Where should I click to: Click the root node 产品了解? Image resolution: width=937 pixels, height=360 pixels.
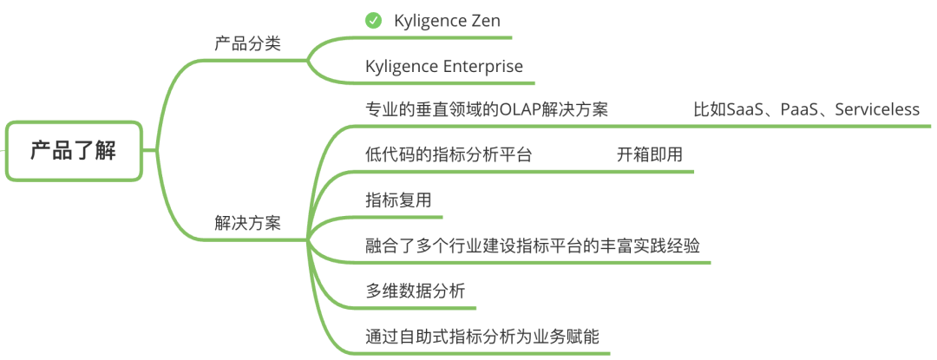point(73,150)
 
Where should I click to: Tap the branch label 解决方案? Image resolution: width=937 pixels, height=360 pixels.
point(247,222)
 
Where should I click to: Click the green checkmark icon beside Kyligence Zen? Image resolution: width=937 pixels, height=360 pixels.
point(373,21)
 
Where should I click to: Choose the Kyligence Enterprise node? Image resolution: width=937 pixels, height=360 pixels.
point(444,67)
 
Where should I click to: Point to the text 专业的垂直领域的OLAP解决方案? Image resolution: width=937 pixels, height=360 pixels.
point(487,110)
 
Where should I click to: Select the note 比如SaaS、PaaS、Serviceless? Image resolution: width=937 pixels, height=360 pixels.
point(806,110)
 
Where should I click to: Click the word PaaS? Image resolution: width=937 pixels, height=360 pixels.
point(798,110)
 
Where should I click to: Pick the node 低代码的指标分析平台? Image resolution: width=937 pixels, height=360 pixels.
point(449,155)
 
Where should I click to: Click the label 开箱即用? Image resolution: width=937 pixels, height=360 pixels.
point(649,155)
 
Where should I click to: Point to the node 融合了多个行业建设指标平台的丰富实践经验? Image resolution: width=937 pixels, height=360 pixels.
point(532,245)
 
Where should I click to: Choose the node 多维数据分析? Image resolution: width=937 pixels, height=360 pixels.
point(415,291)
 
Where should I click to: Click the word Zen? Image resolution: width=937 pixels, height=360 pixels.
point(484,21)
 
